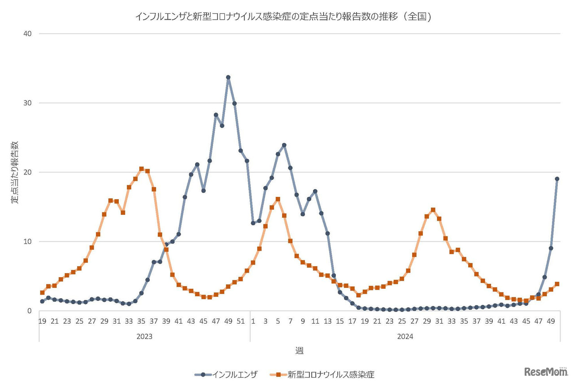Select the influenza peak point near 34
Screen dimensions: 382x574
point(228,78)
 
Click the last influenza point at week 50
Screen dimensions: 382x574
point(557,179)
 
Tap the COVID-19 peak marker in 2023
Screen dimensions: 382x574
point(141,169)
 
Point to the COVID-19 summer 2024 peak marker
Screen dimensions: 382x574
point(433,210)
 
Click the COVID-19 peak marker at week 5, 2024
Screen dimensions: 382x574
point(278,199)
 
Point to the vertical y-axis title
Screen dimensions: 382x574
point(15,172)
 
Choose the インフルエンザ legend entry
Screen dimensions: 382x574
point(229,374)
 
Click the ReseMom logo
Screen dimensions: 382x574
point(545,372)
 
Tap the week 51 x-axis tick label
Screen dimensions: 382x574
point(240,321)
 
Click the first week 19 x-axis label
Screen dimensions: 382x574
point(43,321)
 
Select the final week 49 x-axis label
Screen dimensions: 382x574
point(551,321)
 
